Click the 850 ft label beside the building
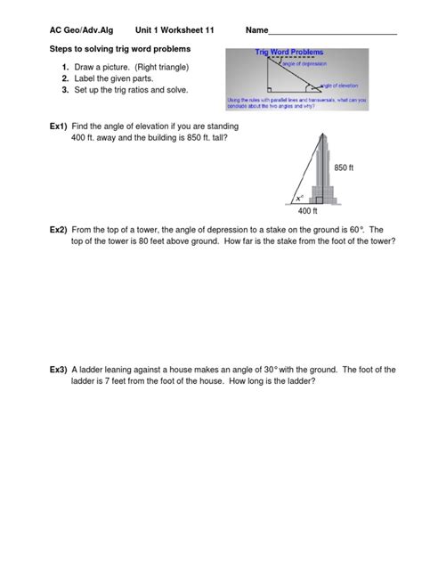coord(345,167)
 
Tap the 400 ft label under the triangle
coord(307,213)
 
